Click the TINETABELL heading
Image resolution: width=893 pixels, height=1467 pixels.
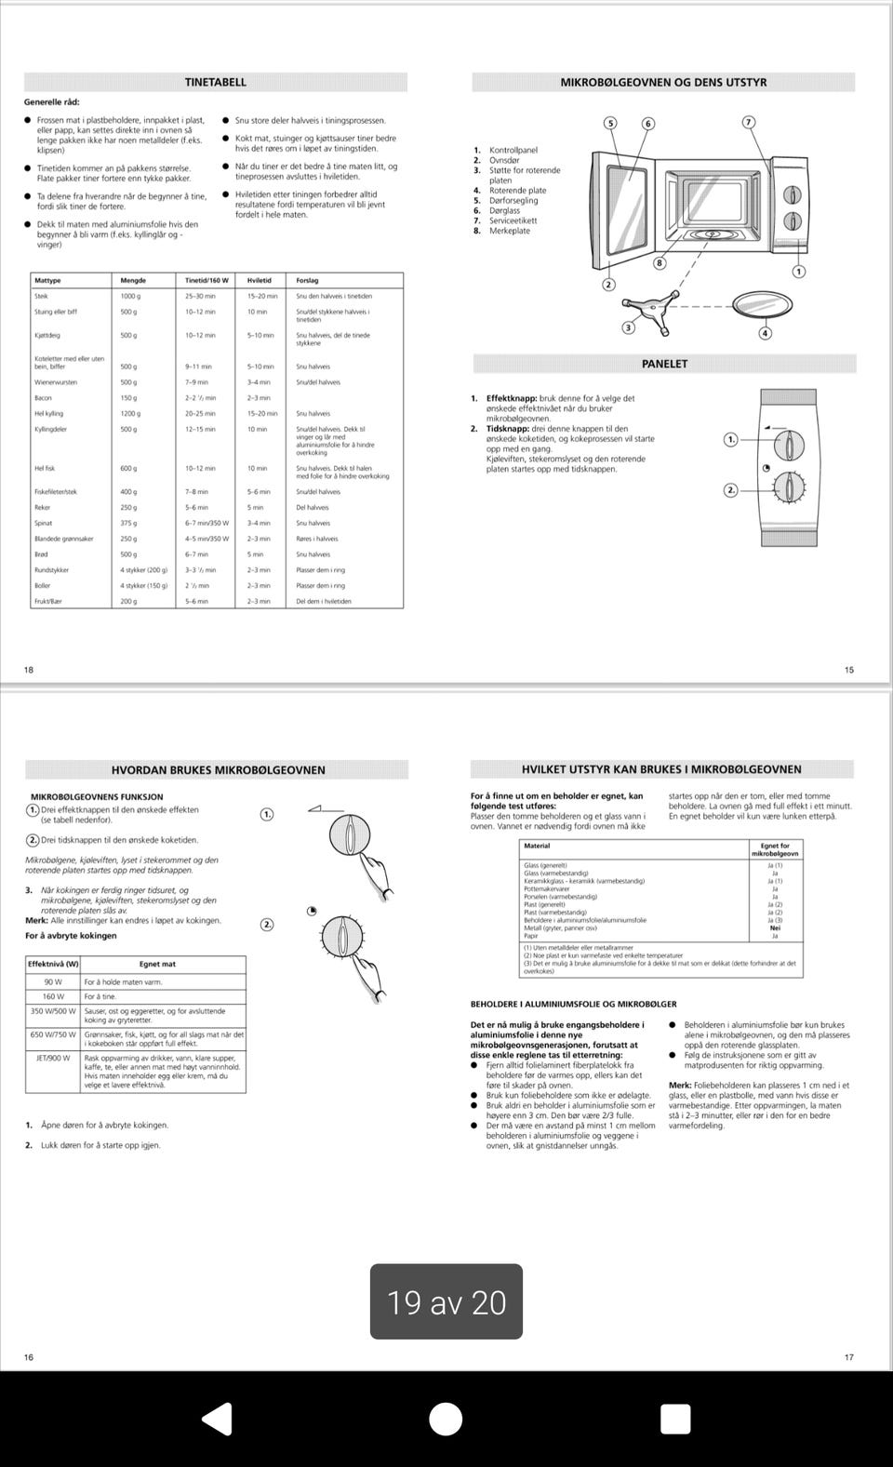216,82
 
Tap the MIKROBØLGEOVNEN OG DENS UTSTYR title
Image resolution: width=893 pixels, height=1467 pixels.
663,82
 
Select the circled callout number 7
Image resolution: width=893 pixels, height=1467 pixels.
749,122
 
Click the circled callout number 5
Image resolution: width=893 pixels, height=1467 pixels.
610,123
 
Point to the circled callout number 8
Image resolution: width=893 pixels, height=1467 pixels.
660,263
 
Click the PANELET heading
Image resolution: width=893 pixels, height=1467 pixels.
664,364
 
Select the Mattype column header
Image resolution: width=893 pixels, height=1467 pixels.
47,280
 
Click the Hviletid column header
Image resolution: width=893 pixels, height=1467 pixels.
260,280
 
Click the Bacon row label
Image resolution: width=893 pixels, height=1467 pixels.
44,397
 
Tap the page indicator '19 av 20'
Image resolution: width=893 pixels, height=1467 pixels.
446,1301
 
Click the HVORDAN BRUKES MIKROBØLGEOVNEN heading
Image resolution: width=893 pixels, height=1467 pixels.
219,769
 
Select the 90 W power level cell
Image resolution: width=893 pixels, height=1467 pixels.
53,980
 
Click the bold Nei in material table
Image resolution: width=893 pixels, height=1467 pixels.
775,927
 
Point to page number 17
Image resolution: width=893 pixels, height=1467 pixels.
848,1357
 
